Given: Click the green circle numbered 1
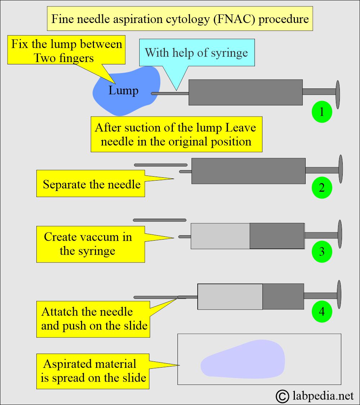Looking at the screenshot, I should tap(321, 112).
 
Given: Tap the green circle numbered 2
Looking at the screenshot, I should tap(321, 187).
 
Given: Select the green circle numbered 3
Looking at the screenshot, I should tap(321, 251).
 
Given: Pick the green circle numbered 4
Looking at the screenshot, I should tap(321, 311).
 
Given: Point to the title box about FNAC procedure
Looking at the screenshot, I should tap(180, 19).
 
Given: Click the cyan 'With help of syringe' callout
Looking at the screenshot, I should tap(197, 53).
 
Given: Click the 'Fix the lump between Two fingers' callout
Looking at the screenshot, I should tap(67, 50).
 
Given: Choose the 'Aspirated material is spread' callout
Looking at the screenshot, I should tap(93, 371).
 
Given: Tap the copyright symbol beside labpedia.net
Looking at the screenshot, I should tap(283, 396).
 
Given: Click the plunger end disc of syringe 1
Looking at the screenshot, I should tap(338, 94).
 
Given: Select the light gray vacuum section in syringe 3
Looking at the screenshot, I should tap(220, 236).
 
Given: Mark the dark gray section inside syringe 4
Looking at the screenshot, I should tap(283, 296).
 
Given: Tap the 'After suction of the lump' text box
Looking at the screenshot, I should tap(176, 134).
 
